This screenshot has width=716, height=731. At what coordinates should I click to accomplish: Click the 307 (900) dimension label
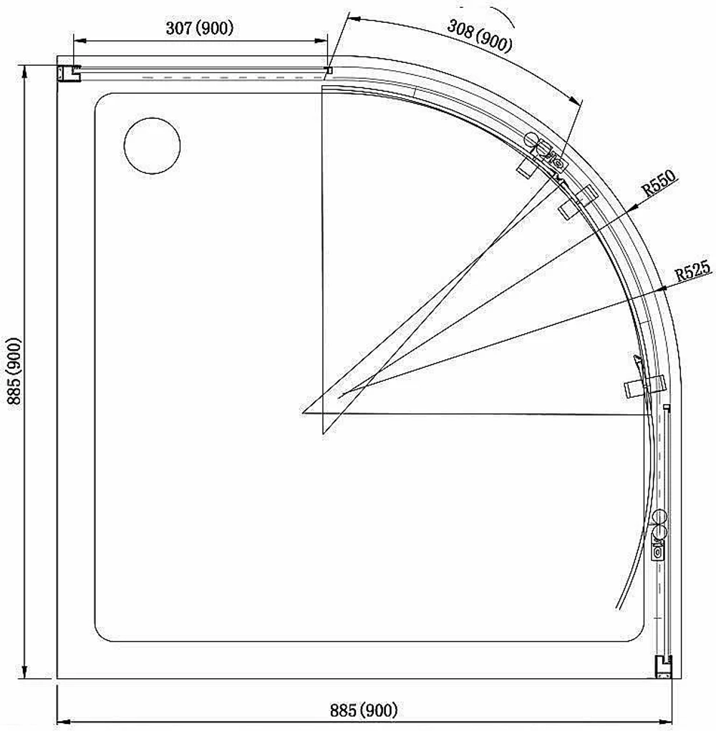click(x=199, y=29)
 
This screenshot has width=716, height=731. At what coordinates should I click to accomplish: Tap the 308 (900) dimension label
click(x=479, y=35)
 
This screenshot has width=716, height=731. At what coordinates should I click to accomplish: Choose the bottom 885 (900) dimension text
click(x=364, y=710)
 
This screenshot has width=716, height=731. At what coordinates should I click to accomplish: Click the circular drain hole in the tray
click(x=153, y=146)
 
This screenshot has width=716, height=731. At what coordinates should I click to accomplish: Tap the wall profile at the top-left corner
click(x=69, y=73)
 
